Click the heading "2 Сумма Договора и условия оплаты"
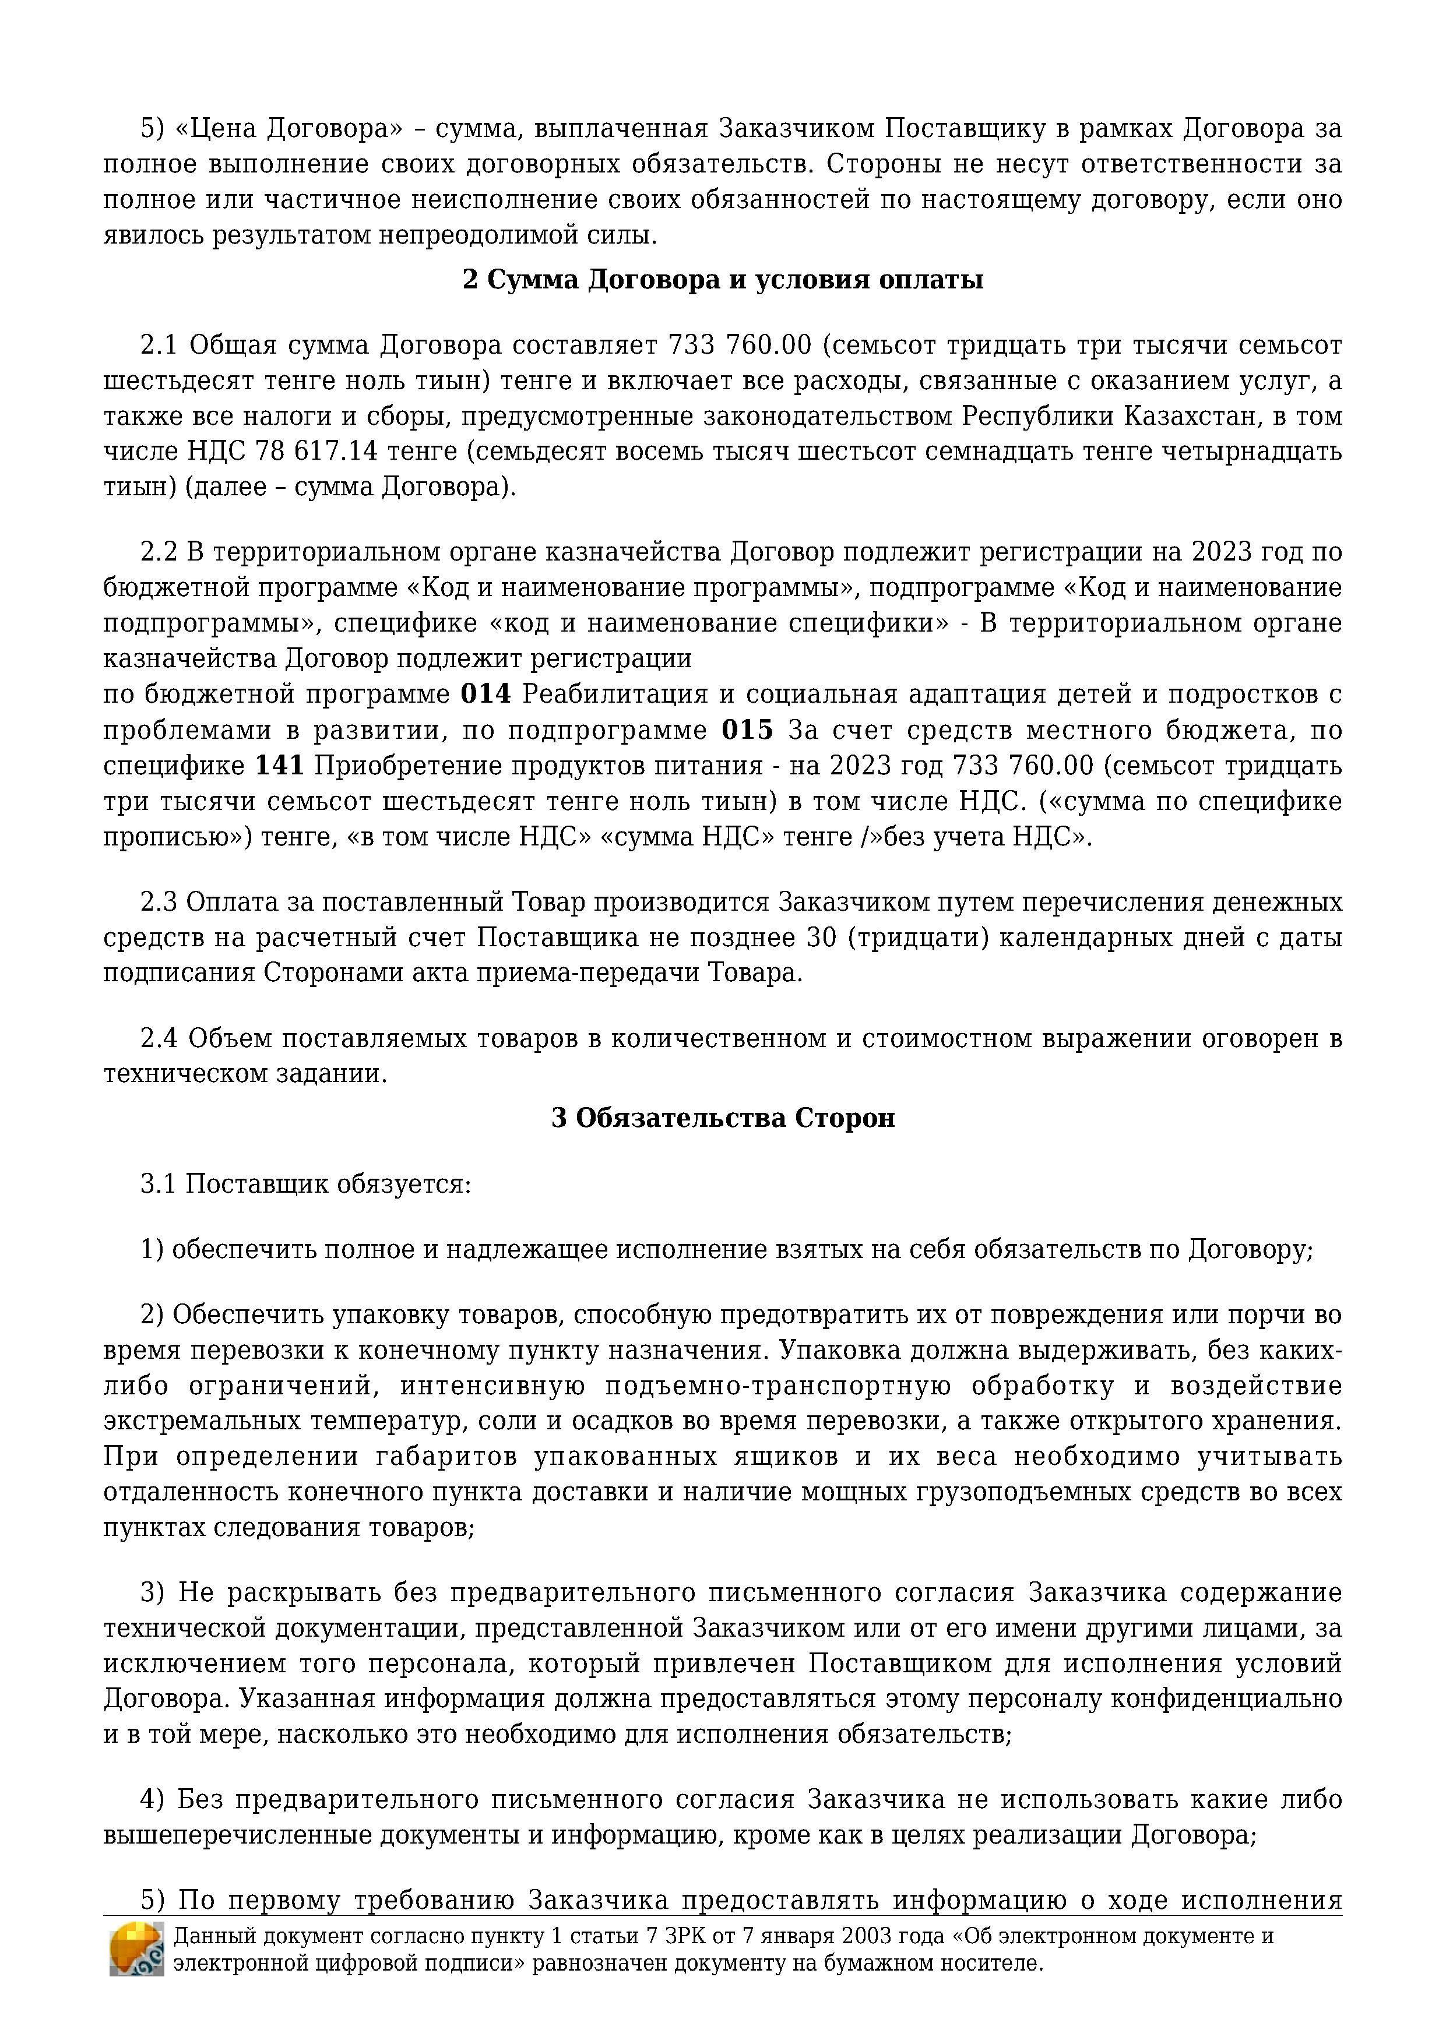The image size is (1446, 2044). tap(722, 280)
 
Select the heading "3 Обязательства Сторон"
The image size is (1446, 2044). tap(722, 1118)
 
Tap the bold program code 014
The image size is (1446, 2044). tap(485, 695)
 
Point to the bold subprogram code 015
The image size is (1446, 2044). tap(747, 731)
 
